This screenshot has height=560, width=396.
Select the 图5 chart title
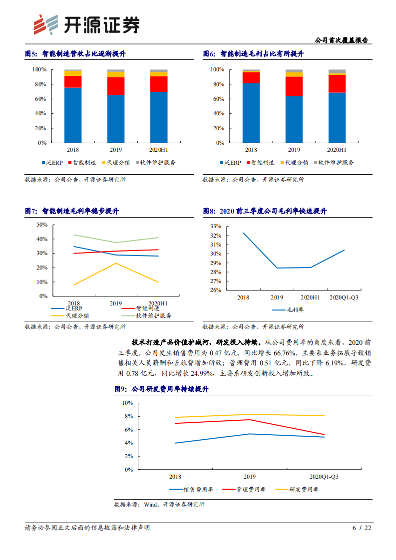75,54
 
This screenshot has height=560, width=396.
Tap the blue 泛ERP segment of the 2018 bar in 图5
73,115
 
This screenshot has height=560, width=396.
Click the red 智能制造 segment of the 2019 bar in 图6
294,86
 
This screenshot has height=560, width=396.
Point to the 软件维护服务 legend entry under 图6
334,163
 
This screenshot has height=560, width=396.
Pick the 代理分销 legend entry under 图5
115,163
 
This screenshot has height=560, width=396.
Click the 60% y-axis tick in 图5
39,99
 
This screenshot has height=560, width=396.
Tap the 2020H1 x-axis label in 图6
337,150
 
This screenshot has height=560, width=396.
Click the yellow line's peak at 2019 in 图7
116,263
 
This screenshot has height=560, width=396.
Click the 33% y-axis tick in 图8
216,226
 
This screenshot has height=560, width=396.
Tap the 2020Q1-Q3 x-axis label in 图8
344,298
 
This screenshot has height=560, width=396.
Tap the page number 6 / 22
362,528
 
